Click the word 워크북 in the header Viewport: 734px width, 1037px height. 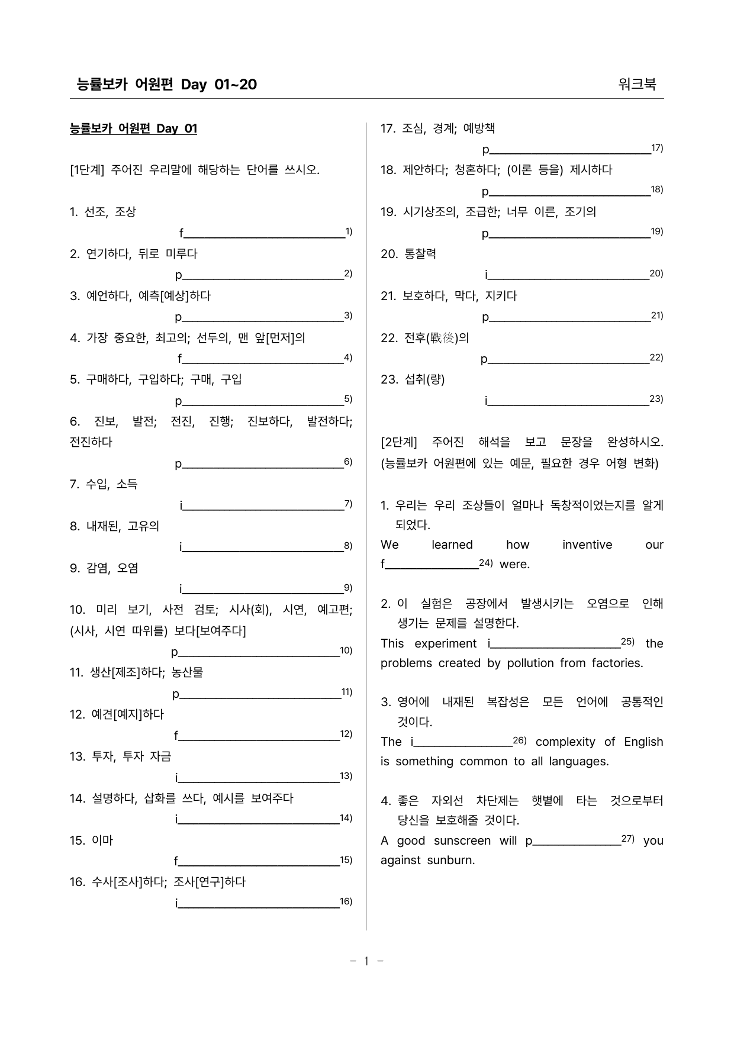pos(637,84)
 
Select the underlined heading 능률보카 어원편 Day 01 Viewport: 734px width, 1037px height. pos(133,128)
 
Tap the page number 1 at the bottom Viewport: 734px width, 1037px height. pos(366,961)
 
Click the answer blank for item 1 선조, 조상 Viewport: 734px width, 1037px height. pos(264,234)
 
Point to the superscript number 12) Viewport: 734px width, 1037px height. pos(346,734)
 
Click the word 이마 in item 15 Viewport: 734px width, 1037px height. pos(102,840)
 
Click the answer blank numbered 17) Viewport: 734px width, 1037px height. pos(570,150)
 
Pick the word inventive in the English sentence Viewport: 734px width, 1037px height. pos(587,545)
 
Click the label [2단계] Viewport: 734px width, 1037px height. pos(399,442)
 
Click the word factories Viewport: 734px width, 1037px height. pos(617,663)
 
